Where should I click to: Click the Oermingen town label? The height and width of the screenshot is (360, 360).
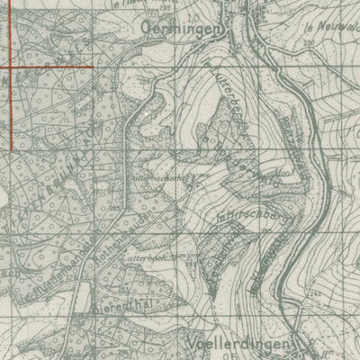pyautogui.click(x=186, y=27)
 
